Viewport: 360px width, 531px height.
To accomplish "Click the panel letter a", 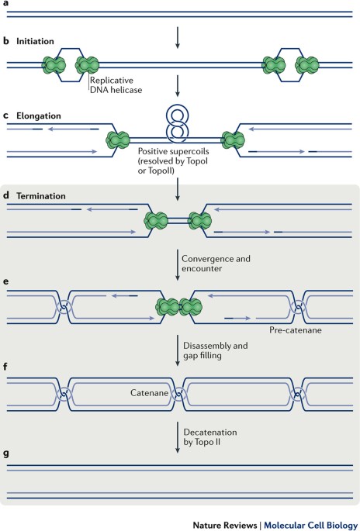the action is click(5, 3).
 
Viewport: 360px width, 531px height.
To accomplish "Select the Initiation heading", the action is click(35, 41).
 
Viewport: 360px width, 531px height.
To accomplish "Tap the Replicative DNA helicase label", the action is click(116, 85).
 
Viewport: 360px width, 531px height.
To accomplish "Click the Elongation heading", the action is click(39, 116).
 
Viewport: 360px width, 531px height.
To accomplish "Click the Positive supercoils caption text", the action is click(173, 161).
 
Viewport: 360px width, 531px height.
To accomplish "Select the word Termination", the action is click(41, 196).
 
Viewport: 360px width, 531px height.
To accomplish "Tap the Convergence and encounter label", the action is click(216, 264).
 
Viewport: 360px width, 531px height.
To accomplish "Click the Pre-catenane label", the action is click(296, 330).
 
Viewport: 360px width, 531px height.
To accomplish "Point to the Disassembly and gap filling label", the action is click(215, 350).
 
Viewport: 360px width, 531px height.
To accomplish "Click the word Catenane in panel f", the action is click(149, 393).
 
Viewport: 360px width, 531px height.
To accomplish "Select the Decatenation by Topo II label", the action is click(210, 437).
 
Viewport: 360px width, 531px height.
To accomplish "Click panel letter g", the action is click(5, 453).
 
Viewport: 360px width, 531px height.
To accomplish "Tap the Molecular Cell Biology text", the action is click(310, 525).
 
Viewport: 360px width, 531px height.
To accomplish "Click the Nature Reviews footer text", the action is click(225, 525).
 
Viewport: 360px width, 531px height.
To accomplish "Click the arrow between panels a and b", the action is click(178, 37).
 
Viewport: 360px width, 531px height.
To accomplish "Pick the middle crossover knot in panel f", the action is click(178, 395).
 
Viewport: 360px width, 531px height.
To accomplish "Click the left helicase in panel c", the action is click(118, 140).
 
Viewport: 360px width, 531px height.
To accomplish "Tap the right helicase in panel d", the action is click(200, 221).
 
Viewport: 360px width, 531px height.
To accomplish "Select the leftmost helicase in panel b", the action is click(54, 65).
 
